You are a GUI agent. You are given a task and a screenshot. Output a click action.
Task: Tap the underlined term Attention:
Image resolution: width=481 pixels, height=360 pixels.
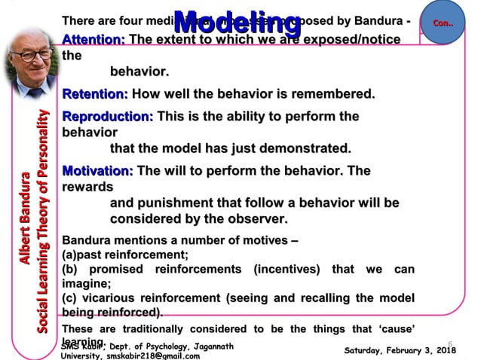coord(94,40)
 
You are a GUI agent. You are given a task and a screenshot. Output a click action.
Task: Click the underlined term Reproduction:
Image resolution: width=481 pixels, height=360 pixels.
coord(108,117)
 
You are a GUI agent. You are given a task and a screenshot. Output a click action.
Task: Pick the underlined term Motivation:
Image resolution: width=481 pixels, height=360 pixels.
coord(97,171)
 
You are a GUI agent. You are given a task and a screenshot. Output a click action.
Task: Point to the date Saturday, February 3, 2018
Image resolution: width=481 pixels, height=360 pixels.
coord(399,351)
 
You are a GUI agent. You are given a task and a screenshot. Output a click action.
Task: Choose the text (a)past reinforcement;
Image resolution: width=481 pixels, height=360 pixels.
coord(124,255)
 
